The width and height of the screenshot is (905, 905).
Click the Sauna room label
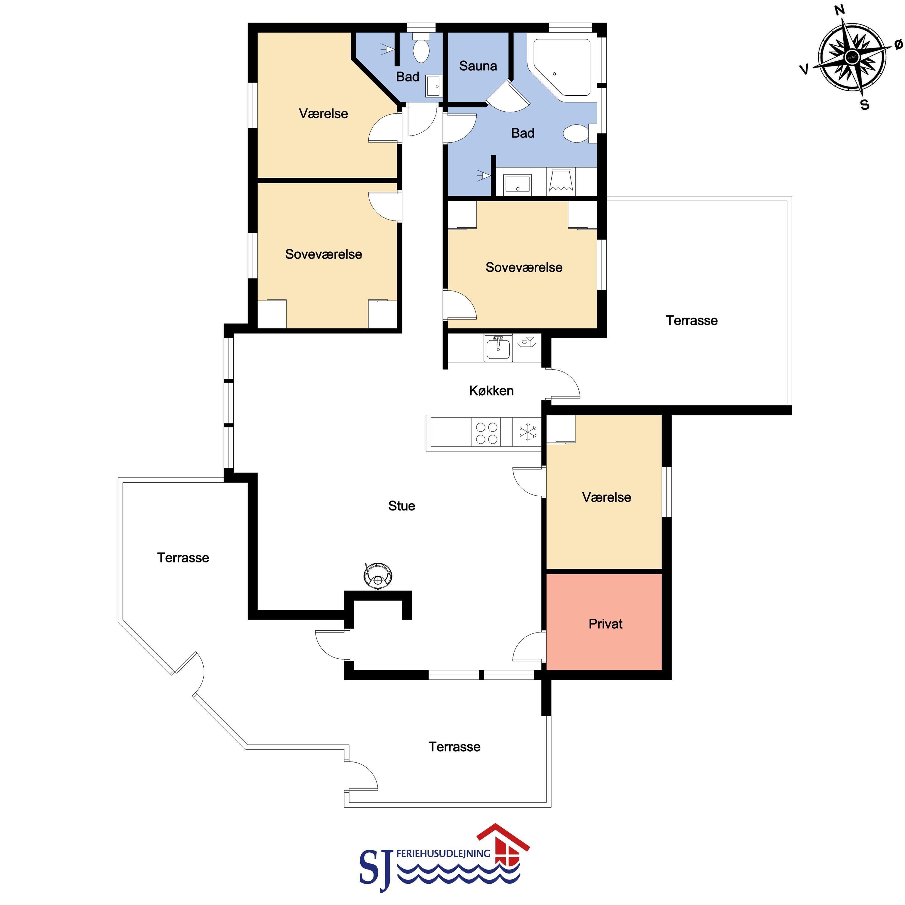(x=478, y=66)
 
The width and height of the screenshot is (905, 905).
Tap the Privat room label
(x=605, y=624)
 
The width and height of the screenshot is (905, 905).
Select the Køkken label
(x=491, y=391)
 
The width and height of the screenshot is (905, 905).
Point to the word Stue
(x=402, y=506)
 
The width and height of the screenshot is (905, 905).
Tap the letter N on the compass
(x=840, y=10)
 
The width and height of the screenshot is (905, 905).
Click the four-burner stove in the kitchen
(x=486, y=433)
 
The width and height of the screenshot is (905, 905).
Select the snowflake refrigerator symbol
(x=528, y=432)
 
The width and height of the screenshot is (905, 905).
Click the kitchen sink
(x=498, y=348)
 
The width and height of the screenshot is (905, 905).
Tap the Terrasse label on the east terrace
(x=691, y=320)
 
